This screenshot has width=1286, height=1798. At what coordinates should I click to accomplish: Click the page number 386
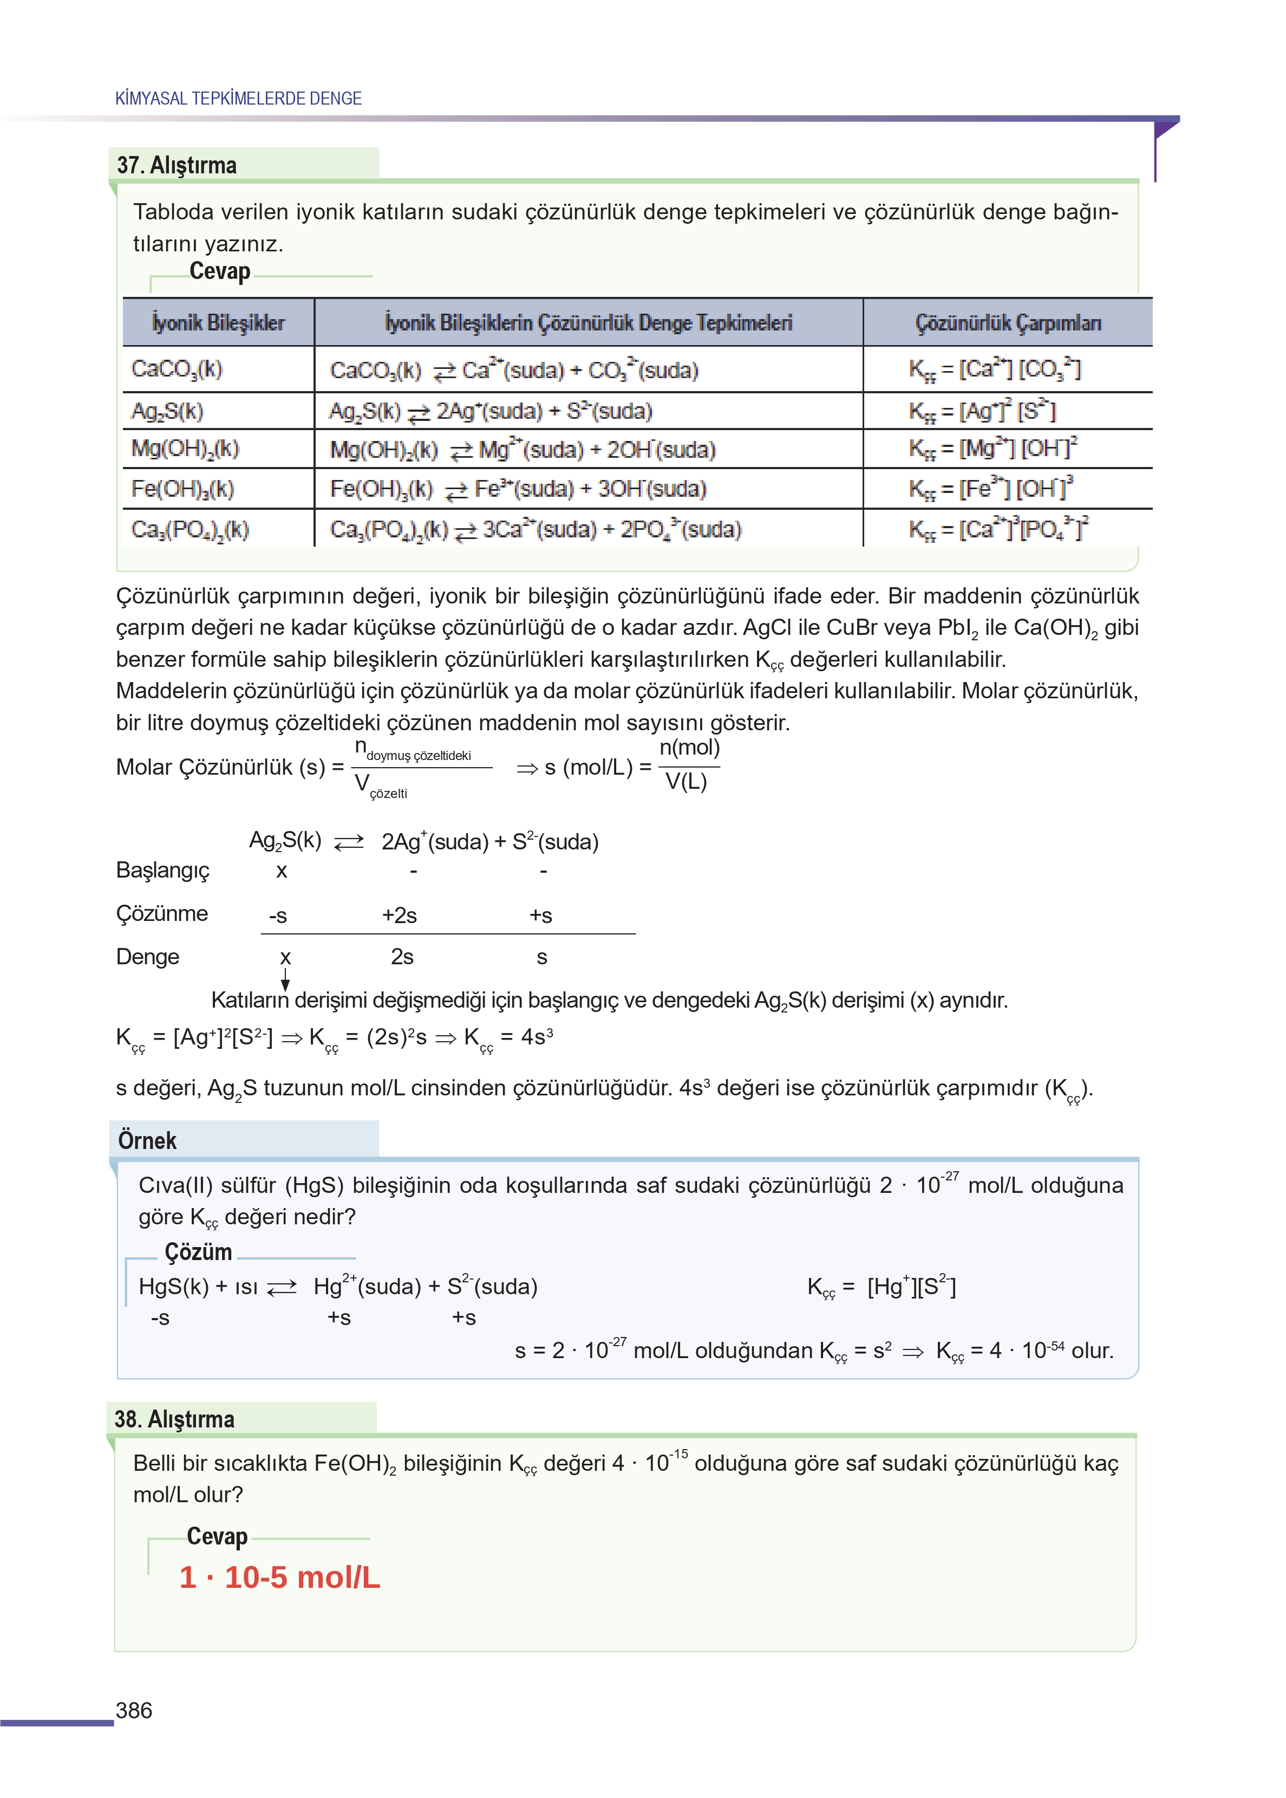click(x=134, y=1710)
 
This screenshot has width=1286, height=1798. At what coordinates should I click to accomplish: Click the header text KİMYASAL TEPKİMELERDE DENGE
click(x=238, y=98)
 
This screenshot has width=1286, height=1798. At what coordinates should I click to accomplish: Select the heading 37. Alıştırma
click(x=177, y=165)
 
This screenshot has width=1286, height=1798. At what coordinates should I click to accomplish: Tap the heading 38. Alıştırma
click(x=174, y=1419)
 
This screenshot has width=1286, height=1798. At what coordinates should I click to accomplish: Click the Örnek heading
click(x=147, y=1140)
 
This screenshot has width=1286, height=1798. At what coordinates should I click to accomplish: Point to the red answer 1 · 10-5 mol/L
click(x=279, y=1577)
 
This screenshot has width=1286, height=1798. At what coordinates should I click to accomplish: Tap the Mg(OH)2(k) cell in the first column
click(x=185, y=449)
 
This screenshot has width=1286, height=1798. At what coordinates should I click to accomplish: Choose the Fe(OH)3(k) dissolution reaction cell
click(x=518, y=489)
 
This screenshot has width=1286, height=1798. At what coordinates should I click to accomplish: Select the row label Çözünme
click(x=161, y=913)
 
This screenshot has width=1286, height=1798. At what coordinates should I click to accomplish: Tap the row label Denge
click(x=147, y=957)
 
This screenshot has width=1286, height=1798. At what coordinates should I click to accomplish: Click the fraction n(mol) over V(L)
click(x=689, y=765)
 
